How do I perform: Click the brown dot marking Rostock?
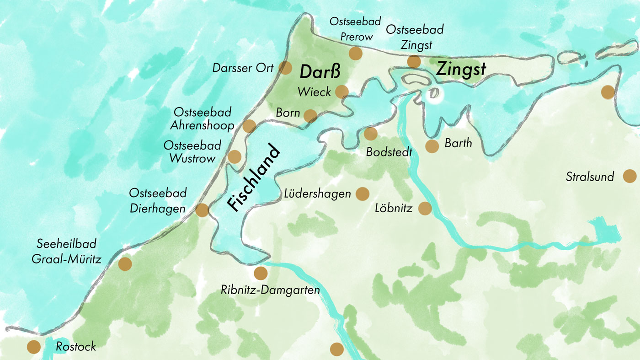tap(33, 347)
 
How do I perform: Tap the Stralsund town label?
tap(590, 177)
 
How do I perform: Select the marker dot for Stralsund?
tap(629, 176)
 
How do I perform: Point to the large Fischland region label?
tap(253, 178)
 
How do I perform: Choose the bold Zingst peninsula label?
tap(460, 69)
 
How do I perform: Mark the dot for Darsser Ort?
tap(285, 68)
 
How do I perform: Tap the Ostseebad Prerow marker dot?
tap(355, 54)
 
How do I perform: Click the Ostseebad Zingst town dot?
tap(414, 61)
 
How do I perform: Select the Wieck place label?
tap(314, 92)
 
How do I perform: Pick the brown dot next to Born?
tap(310, 116)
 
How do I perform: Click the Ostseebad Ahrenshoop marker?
tap(249, 126)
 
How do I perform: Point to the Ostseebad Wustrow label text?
tap(192, 152)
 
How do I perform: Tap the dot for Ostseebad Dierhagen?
tap(202, 210)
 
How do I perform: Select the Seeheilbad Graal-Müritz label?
tap(66, 252)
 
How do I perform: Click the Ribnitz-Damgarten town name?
tap(270, 290)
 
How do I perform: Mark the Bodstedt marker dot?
tap(370, 134)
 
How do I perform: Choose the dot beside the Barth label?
tap(432, 146)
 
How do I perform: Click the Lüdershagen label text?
tap(317, 193)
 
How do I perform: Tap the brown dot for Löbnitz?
tap(425, 209)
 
